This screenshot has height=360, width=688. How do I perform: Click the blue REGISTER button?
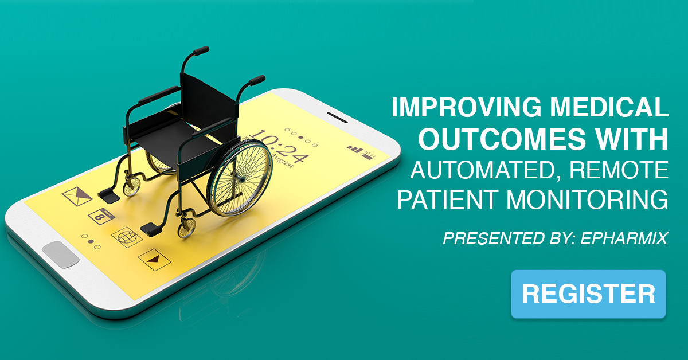588,294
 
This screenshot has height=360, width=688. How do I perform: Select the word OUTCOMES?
502,139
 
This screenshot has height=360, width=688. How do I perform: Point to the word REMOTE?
619,170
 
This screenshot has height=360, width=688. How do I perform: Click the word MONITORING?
587,199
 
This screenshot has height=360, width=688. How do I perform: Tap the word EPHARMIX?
624,238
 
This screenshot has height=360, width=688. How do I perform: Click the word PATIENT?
448,199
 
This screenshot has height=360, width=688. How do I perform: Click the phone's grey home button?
61,255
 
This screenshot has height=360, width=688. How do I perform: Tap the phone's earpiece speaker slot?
337,118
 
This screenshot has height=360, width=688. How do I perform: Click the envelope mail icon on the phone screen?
77,196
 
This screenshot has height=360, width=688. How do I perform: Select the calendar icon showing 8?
101,216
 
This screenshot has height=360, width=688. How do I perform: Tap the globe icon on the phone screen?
127,237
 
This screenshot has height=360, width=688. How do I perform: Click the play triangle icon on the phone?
154,260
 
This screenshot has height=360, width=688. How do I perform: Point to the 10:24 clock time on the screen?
279,146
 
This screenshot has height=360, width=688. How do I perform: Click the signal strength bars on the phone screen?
355,149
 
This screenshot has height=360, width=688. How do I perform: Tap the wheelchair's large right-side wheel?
240,178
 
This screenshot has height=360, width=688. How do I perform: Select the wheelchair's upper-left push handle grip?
201,50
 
